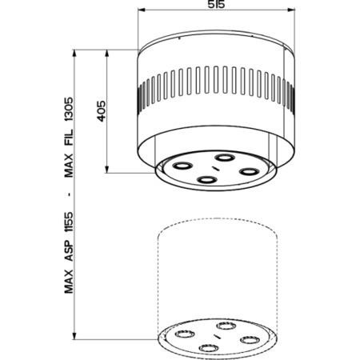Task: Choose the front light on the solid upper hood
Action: click(206, 179)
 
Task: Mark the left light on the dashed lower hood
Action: click(184, 334)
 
